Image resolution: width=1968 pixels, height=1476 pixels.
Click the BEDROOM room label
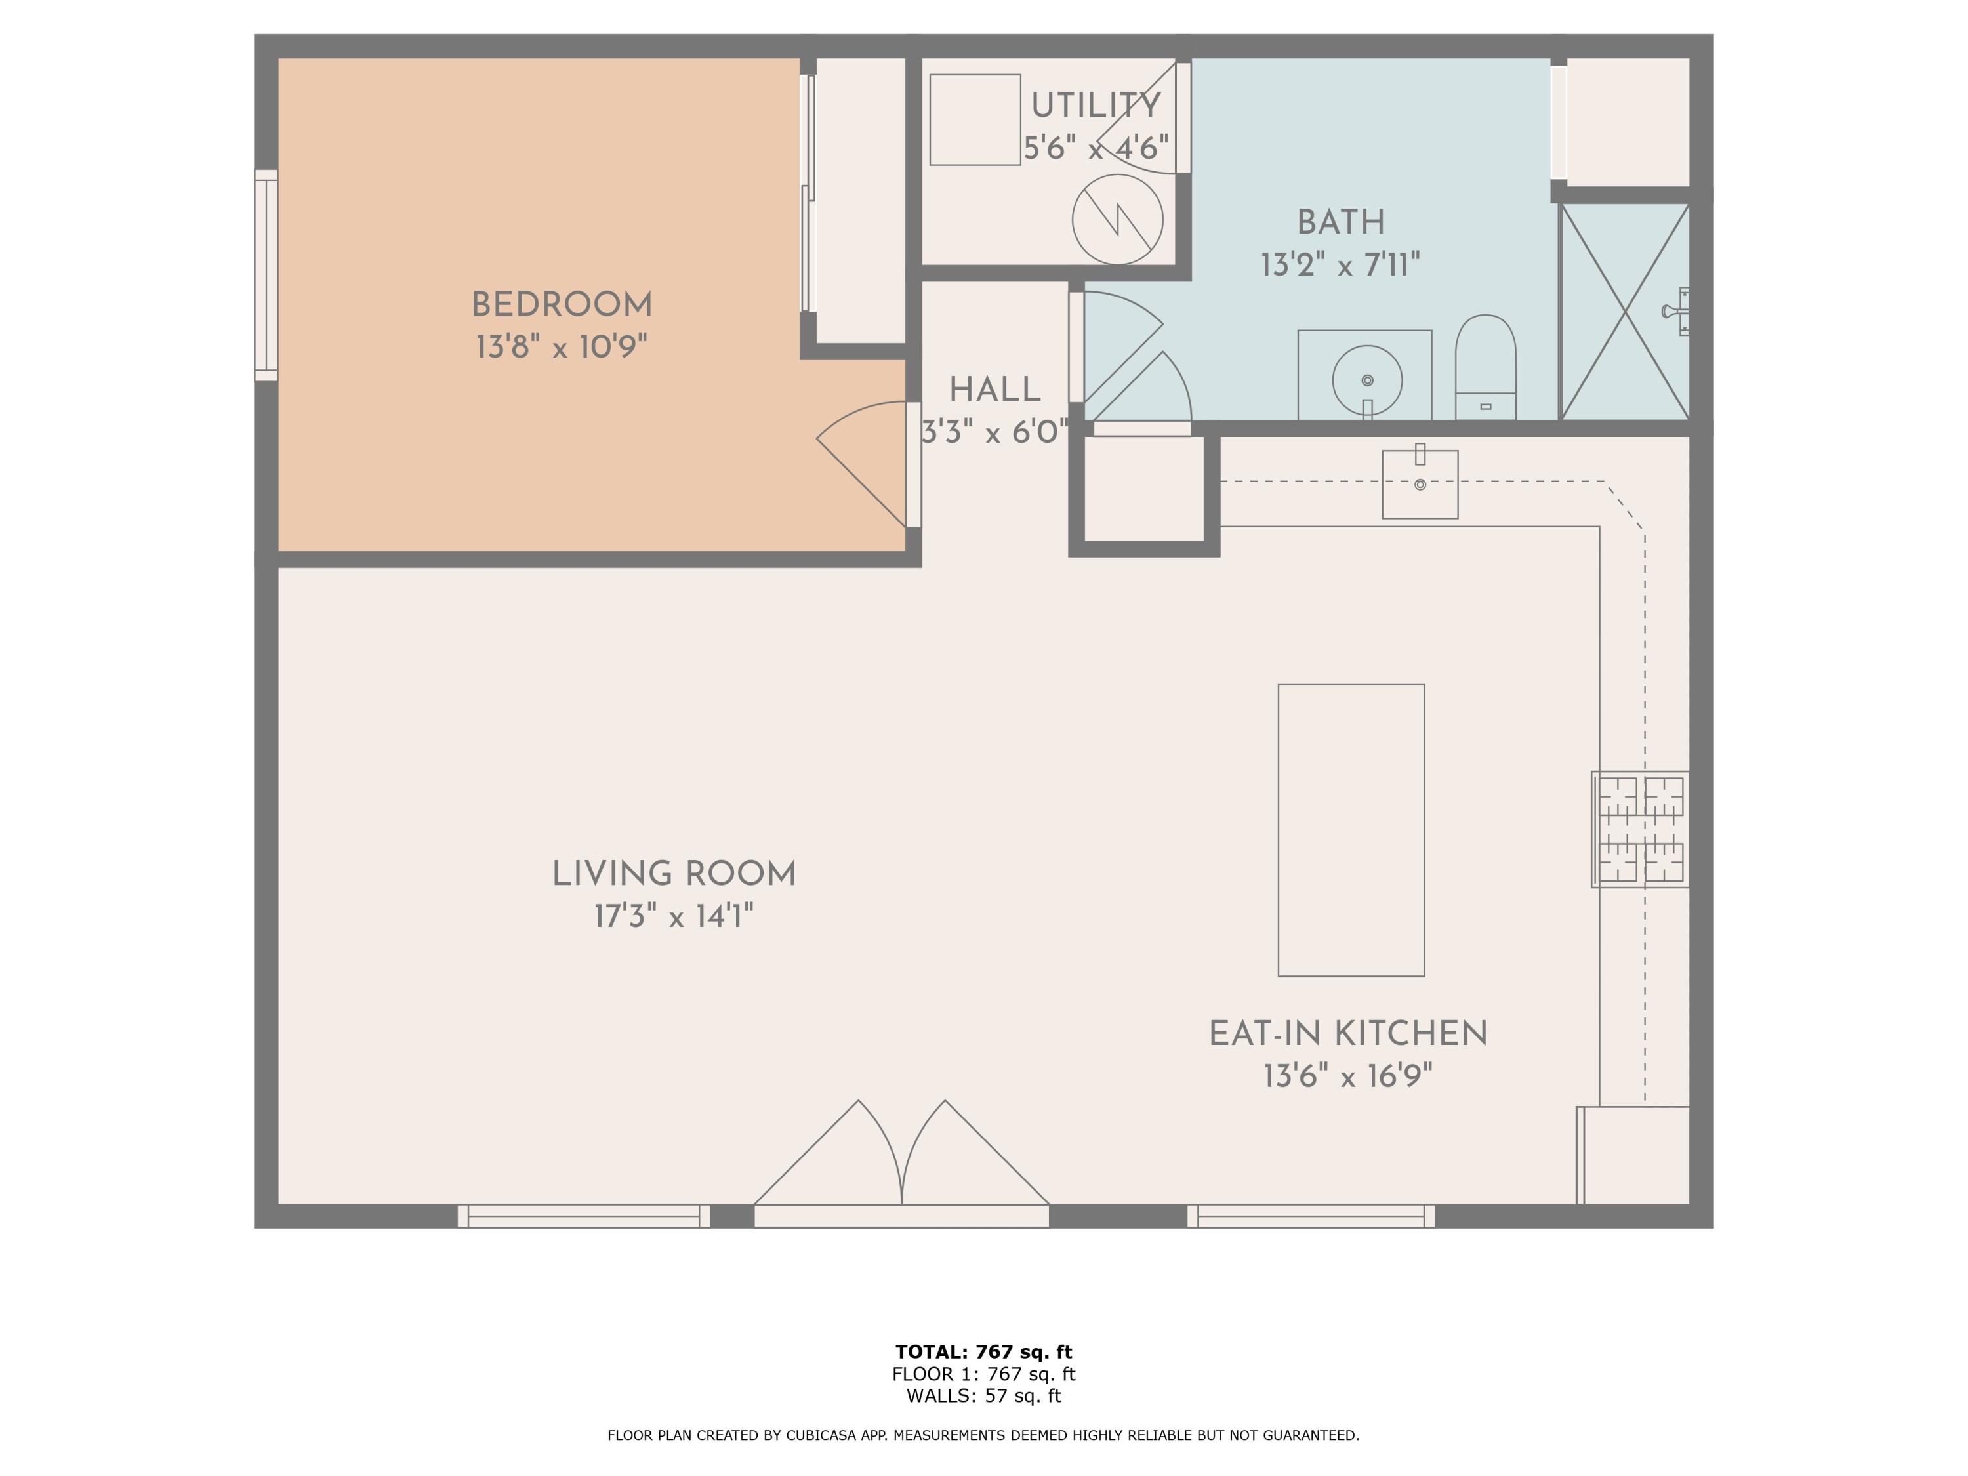562,305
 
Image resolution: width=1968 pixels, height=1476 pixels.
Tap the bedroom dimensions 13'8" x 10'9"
562,347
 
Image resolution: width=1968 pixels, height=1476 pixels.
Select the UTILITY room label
1096,106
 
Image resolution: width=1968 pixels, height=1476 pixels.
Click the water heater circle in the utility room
1117,219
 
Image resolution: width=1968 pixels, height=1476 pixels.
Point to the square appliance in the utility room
974,119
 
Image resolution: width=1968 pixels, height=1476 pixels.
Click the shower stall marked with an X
1624,312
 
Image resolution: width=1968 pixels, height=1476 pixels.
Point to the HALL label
994,390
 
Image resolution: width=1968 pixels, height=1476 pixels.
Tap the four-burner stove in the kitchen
1640,829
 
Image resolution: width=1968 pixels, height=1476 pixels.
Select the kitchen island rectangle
1351,829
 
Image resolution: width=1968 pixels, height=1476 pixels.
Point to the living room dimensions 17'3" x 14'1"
674,916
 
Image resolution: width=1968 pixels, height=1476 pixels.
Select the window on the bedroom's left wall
266,275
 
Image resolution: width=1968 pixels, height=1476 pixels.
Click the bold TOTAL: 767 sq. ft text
983,1352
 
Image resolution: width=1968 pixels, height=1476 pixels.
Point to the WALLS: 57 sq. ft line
983,1396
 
